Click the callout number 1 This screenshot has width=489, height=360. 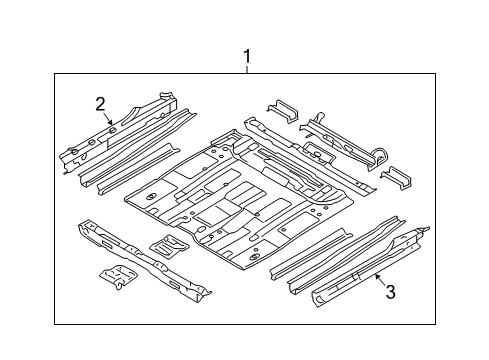(247, 56)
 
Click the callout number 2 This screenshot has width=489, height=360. (100, 104)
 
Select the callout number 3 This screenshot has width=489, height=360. (390, 292)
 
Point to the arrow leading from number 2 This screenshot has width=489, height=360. (108, 119)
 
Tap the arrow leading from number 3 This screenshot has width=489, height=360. (381, 279)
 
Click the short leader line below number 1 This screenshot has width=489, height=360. (247, 69)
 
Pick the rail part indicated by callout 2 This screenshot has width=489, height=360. (118, 132)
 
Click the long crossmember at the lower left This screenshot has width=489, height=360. (143, 260)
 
